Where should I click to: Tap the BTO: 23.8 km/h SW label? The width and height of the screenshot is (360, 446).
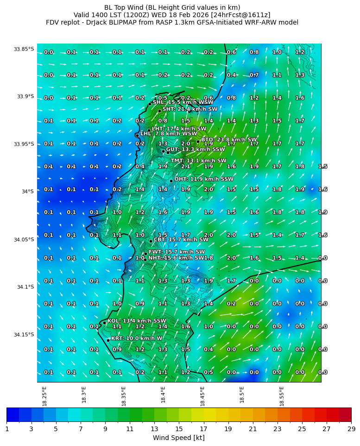click(x=229, y=139)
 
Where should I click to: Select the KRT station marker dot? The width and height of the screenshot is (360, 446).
click(x=108, y=340)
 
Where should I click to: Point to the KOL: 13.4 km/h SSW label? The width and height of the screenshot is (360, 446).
click(x=137, y=321)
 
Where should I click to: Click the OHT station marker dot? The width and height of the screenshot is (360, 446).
click(x=171, y=181)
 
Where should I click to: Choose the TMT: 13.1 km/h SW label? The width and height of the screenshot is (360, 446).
click(x=198, y=161)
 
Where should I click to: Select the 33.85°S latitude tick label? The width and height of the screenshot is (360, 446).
click(x=24, y=49)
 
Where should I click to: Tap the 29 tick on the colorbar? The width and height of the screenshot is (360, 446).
click(x=351, y=429)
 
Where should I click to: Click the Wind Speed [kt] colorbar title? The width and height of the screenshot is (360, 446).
click(x=178, y=438)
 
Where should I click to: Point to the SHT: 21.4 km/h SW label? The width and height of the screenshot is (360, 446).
click(x=189, y=109)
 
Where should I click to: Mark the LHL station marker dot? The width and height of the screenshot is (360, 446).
click(x=137, y=135)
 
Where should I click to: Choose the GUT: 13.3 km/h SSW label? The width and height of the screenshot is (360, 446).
click(x=195, y=149)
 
